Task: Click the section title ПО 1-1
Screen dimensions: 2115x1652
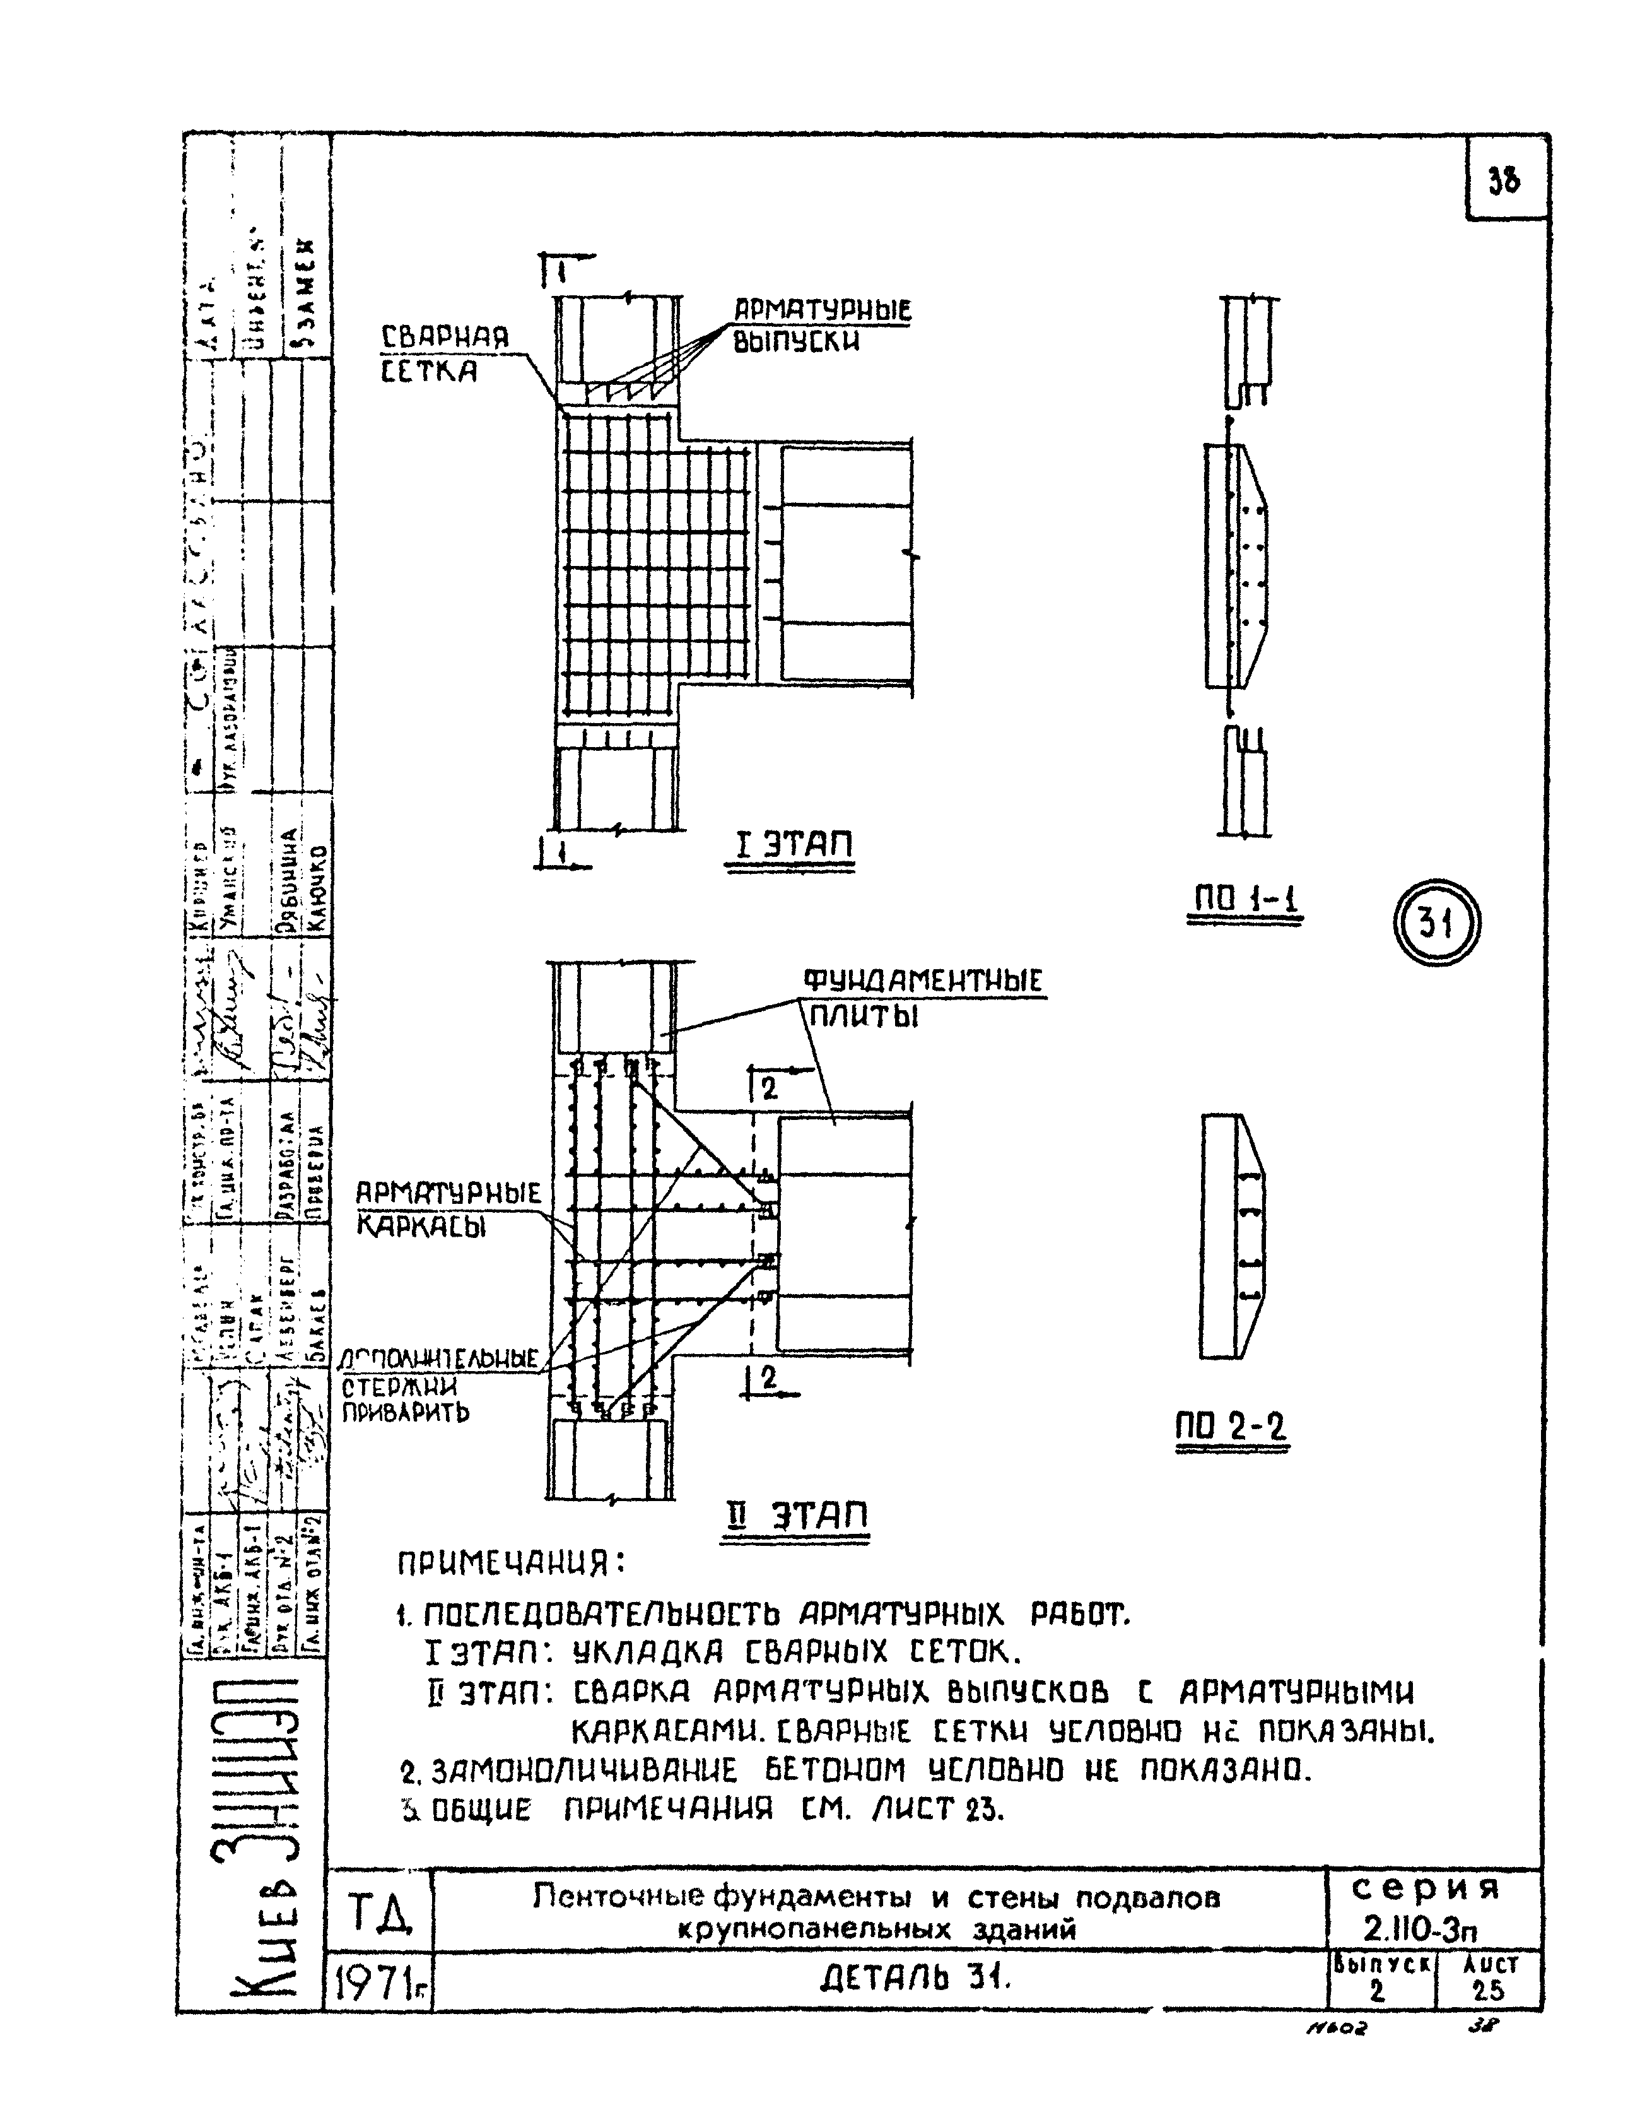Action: pyautogui.click(x=1245, y=902)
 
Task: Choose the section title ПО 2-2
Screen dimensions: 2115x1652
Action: pyautogui.click(x=1232, y=1427)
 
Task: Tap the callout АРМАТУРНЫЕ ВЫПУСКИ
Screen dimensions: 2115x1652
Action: pyautogui.click(x=822, y=326)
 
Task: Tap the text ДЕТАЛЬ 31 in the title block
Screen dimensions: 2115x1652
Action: pyautogui.click(x=914, y=1979)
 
